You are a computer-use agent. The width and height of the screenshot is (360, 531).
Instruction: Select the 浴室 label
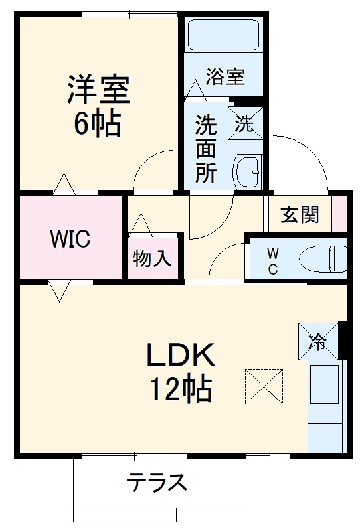coord(225,76)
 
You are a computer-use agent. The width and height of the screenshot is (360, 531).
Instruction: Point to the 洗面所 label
coord(205,149)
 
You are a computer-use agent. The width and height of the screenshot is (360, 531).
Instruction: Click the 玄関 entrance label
coord(300,214)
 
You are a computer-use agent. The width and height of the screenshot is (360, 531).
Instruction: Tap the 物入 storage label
coord(152,258)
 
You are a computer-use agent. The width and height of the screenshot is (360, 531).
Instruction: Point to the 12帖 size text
coord(180,389)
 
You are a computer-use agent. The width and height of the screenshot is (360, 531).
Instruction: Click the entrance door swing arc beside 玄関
coord(299,163)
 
